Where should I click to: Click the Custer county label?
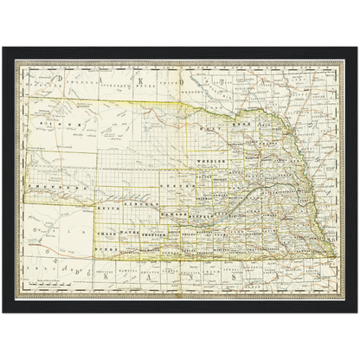coord(174,185)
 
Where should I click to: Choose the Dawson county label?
coord(176,213)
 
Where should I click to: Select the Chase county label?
coord(107,234)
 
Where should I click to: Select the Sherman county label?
coord(209,196)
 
